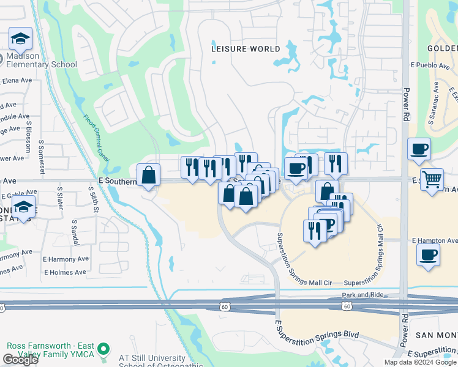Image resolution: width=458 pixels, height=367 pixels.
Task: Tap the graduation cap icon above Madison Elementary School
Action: pyautogui.click(x=20, y=39)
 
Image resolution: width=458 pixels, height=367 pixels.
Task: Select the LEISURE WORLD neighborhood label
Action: pyautogui.click(x=246, y=48)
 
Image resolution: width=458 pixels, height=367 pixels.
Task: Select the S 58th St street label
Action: pyautogui.click(x=96, y=201)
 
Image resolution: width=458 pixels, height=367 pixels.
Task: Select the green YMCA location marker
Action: pyautogui.click(x=103, y=349)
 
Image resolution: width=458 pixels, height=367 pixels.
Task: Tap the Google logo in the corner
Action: pyautogui.click(x=20, y=360)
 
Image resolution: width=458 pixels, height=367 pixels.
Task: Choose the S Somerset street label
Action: pyautogui.click(x=41, y=155)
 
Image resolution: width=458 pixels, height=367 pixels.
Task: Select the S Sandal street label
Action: pyautogui.click(x=74, y=232)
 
